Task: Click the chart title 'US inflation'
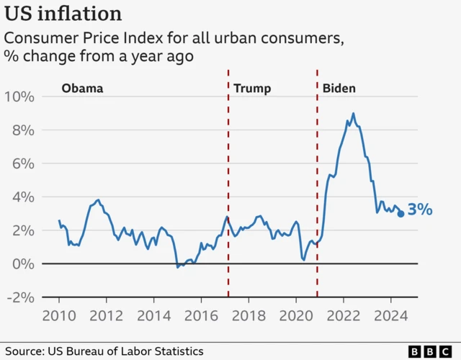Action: [x=63, y=14]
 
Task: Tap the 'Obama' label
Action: [x=82, y=89]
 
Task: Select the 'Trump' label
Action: [x=252, y=89]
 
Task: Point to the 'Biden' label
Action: [x=339, y=89]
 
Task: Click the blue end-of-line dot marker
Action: [x=400, y=214]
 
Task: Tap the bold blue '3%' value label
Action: [x=420, y=210]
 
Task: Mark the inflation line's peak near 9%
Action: [x=353, y=114]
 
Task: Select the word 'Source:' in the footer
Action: [x=24, y=351]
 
